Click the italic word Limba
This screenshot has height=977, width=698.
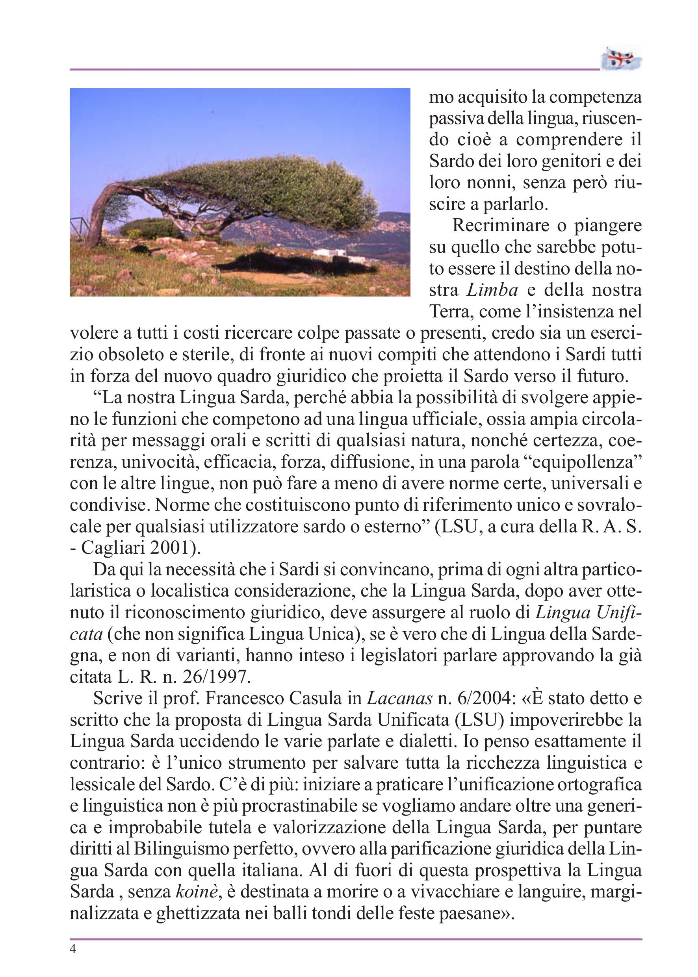click(x=492, y=291)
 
